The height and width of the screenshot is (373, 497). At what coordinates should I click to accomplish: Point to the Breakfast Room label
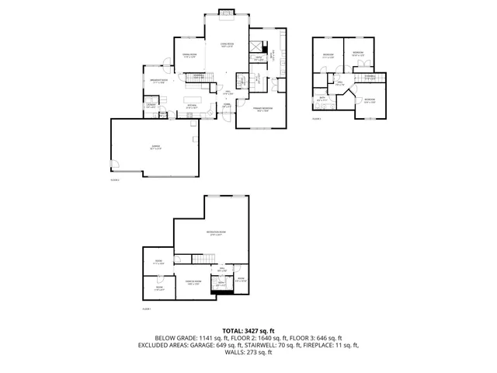click(158, 80)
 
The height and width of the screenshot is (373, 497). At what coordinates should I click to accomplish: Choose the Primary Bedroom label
click(262, 109)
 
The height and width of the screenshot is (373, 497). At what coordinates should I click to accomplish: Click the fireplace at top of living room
click(227, 12)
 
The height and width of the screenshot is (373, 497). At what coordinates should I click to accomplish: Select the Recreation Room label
click(215, 233)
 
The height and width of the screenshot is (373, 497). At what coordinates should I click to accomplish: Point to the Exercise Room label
click(193, 282)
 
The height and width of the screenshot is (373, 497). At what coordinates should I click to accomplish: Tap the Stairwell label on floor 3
click(370, 76)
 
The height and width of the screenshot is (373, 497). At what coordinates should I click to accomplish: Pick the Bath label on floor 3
click(321, 99)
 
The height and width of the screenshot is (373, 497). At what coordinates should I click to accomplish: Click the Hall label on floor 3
click(340, 83)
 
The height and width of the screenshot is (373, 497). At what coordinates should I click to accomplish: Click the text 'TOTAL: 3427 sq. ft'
click(248, 330)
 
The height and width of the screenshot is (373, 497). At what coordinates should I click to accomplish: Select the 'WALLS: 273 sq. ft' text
click(248, 352)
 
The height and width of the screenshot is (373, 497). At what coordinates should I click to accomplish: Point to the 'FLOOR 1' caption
click(147, 309)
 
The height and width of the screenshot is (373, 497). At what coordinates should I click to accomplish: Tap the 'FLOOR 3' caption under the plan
click(316, 119)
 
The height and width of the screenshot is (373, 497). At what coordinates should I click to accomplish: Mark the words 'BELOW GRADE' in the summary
click(175, 337)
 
